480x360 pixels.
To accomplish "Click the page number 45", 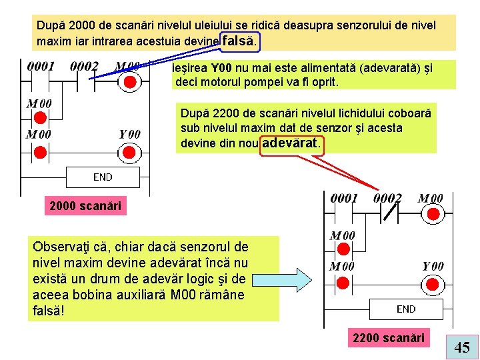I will tap(462, 347).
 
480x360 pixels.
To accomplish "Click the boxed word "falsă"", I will tap(238, 41).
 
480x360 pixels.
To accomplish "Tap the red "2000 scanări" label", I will tap(85, 206).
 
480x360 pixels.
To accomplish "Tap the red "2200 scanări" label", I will tap(389, 338).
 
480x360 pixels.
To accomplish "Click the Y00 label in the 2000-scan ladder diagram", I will tap(129, 134).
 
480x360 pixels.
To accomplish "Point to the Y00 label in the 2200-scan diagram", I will tap(433, 266).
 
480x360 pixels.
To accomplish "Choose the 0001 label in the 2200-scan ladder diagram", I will tap(345, 198).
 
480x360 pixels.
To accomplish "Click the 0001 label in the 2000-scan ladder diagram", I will tap(41, 67).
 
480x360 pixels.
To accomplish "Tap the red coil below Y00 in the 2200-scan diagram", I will tap(433, 283).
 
